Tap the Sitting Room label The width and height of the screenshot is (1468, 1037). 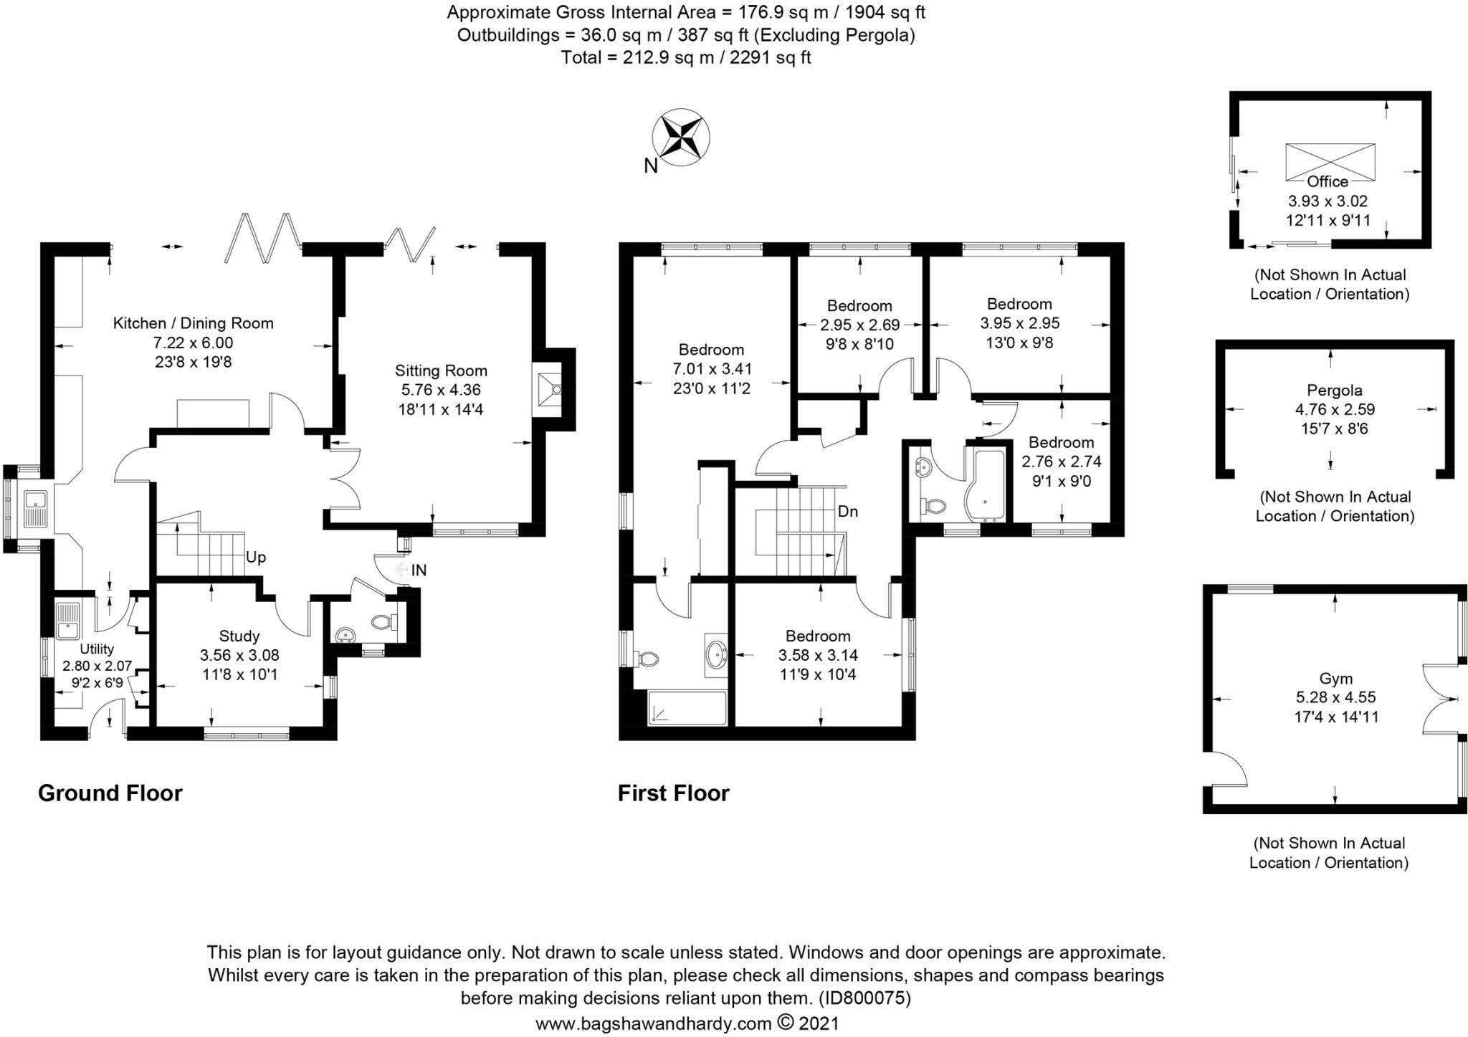click(x=441, y=371)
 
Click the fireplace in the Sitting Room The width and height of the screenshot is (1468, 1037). click(x=549, y=389)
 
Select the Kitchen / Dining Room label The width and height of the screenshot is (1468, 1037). click(x=193, y=323)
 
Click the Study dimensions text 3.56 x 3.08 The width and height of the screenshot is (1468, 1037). click(x=239, y=655)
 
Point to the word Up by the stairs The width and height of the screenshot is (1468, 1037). click(x=256, y=557)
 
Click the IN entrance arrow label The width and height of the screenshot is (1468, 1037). click(x=419, y=570)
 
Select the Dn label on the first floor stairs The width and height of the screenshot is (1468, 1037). click(x=848, y=512)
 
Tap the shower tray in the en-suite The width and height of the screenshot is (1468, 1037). click(x=686, y=708)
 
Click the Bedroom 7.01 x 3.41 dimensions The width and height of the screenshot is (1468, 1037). click(x=711, y=369)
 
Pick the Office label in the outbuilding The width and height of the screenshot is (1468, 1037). click(x=1328, y=181)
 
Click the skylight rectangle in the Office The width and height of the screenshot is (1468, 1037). click(x=1330, y=161)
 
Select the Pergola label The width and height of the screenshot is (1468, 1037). click(x=1334, y=391)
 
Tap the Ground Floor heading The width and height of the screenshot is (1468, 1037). click(x=110, y=793)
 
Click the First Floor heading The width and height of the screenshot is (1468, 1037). click(x=673, y=793)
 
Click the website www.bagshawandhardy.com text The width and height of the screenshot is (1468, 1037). click(x=653, y=1023)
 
